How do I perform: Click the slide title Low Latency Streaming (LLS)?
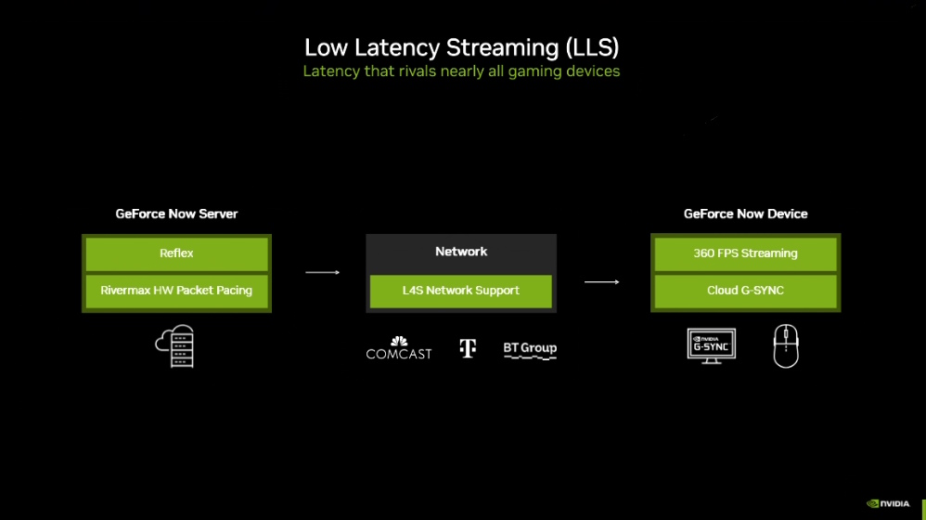pyautogui.click(x=462, y=46)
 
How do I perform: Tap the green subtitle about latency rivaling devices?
pyautogui.click(x=461, y=71)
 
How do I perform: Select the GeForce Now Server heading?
pyautogui.click(x=176, y=214)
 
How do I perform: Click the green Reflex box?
pyautogui.click(x=176, y=253)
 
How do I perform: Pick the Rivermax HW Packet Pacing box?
pyautogui.click(x=176, y=291)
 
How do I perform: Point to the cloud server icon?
pyautogui.click(x=175, y=346)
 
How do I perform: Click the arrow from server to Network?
pyautogui.click(x=323, y=272)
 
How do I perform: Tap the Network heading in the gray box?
pyautogui.click(x=461, y=252)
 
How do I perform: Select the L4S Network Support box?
pyautogui.click(x=461, y=291)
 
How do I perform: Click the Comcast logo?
pyautogui.click(x=399, y=348)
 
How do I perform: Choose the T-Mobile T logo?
pyautogui.click(x=468, y=348)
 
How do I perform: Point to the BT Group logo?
pyautogui.click(x=530, y=349)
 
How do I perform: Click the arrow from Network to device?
pyautogui.click(x=601, y=281)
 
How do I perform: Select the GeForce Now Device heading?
pyautogui.click(x=746, y=214)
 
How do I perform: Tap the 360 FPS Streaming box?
pyautogui.click(x=746, y=253)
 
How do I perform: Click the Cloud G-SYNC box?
pyautogui.click(x=746, y=291)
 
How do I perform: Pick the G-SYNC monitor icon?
pyautogui.click(x=712, y=346)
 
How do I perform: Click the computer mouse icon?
pyautogui.click(x=786, y=346)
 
